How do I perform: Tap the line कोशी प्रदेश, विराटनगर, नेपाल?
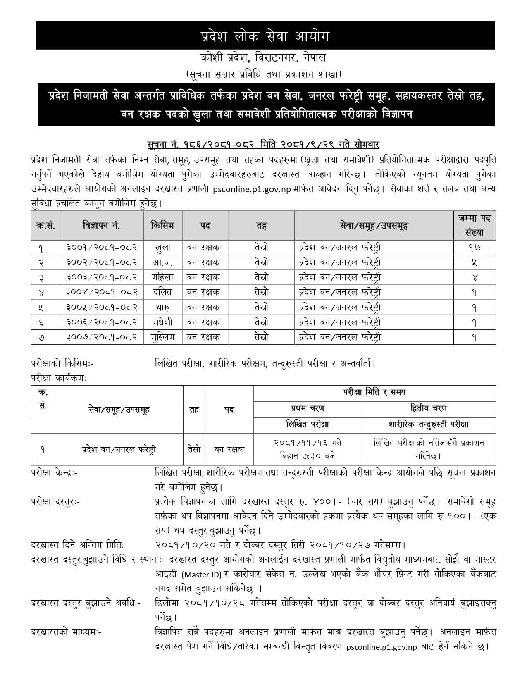tap(263, 57)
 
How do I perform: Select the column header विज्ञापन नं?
tap(102, 225)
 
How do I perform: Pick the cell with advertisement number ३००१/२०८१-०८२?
tap(102, 248)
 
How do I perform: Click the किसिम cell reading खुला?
tap(162, 248)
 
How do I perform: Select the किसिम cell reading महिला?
tap(162, 277)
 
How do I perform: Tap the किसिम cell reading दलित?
tap(162, 292)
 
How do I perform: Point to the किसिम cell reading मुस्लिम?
tap(162, 337)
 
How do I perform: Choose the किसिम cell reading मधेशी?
tap(162, 322)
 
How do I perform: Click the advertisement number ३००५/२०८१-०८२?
tap(102, 307)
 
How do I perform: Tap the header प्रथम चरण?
tap(308, 408)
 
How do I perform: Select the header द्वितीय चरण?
tap(429, 408)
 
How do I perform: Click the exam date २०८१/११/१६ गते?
tap(308, 443)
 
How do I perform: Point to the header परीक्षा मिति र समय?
tap(374, 392)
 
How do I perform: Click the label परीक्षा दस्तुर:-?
tap(56, 502)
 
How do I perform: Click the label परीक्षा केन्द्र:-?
tap(54, 472)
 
